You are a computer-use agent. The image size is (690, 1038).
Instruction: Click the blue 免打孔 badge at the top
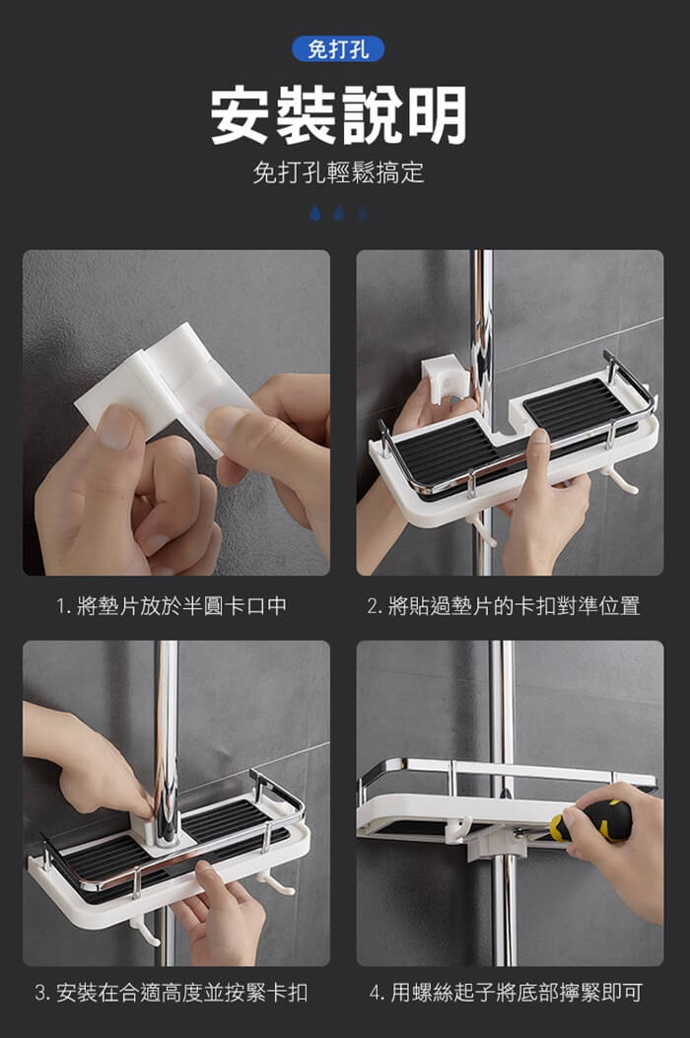point(338,49)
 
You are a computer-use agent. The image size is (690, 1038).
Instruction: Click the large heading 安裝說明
point(338,116)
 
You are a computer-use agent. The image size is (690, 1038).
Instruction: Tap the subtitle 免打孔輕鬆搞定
point(338,173)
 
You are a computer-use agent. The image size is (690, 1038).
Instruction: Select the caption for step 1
point(172,605)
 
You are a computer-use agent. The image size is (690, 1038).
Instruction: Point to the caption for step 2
point(504,605)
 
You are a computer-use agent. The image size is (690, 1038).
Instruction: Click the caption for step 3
point(172,993)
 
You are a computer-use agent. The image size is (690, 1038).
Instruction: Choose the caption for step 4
point(506,993)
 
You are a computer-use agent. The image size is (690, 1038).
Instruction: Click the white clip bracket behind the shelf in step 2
point(444,380)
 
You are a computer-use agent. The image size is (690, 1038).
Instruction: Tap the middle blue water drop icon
point(339,213)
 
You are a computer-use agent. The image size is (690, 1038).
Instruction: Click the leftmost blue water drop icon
point(315,213)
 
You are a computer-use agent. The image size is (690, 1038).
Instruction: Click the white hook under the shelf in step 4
point(460,828)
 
